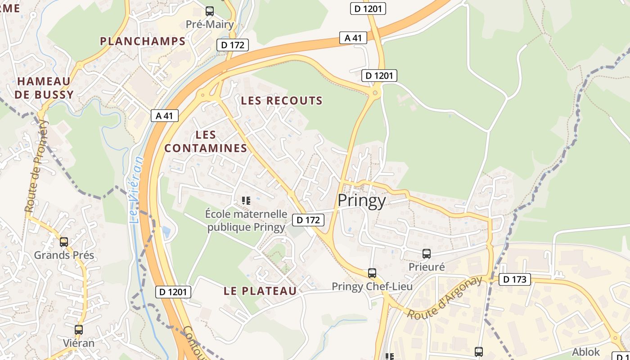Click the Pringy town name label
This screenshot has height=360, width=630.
tap(362, 201)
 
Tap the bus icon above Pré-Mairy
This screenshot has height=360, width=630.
tap(210, 11)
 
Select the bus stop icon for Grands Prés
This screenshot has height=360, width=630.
tap(64, 242)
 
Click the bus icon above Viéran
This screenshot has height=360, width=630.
tap(79, 330)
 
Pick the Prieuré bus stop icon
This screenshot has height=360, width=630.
tap(427, 254)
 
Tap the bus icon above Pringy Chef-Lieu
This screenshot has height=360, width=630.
tap(372, 273)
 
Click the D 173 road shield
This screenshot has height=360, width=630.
tap(515, 279)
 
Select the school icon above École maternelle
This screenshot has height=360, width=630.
tap(246, 200)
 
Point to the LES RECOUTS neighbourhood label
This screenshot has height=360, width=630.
tap(282, 101)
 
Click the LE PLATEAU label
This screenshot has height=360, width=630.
tap(261, 291)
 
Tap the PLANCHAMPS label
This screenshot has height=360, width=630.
tap(143, 41)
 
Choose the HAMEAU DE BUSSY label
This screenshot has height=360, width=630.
tap(44, 88)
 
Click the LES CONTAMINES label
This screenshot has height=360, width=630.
tap(206, 141)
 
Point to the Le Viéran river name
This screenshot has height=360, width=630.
tap(136, 189)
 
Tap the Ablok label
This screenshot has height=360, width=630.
tap(586, 352)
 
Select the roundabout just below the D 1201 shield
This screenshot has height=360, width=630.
tap(375, 93)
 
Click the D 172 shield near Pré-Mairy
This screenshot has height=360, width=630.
tap(233, 45)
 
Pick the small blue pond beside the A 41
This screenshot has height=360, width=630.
tap(166, 232)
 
